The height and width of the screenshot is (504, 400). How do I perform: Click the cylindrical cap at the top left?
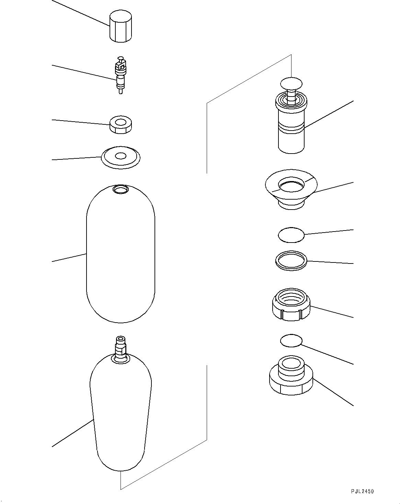click(x=121, y=27)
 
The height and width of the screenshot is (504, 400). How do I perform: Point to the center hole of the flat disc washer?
click(x=121, y=156)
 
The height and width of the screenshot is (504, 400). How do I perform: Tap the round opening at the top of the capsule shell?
click(x=120, y=189)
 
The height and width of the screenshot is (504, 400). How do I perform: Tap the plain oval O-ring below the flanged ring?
click(x=291, y=235)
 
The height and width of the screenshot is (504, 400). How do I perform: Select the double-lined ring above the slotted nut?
click(x=291, y=260)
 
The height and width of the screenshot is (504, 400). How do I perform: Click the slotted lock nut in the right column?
click(x=291, y=306)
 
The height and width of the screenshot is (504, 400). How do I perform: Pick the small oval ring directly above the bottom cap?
click(x=291, y=341)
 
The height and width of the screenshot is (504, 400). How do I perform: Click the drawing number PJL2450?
click(x=362, y=492)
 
